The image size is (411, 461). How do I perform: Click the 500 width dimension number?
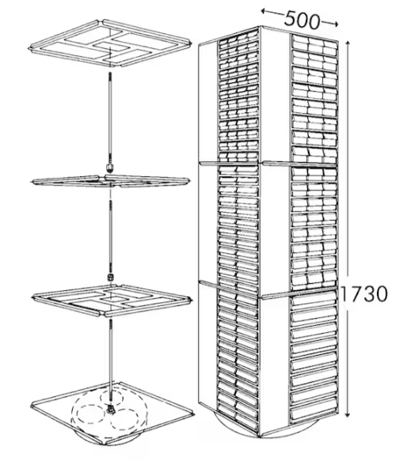tap(302, 21)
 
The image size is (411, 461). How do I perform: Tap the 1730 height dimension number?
tap(363, 294)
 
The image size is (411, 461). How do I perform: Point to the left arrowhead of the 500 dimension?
tap(264, 12)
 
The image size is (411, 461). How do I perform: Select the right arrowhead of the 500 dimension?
tap(335, 24)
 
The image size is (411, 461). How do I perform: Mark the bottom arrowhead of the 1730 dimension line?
tap(348, 414)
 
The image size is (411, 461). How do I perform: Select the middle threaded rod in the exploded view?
tap(111, 236)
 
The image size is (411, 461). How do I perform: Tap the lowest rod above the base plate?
tap(111, 361)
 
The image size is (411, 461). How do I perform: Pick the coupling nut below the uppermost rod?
tap(110, 168)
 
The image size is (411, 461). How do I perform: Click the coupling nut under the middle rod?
tap(110, 278)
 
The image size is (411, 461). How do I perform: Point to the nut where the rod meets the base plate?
tap(111, 409)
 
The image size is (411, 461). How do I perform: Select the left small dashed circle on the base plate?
tap(91, 414)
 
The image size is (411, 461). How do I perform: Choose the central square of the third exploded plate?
tap(112, 300)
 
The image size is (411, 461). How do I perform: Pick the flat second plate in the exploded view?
tap(109, 181)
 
